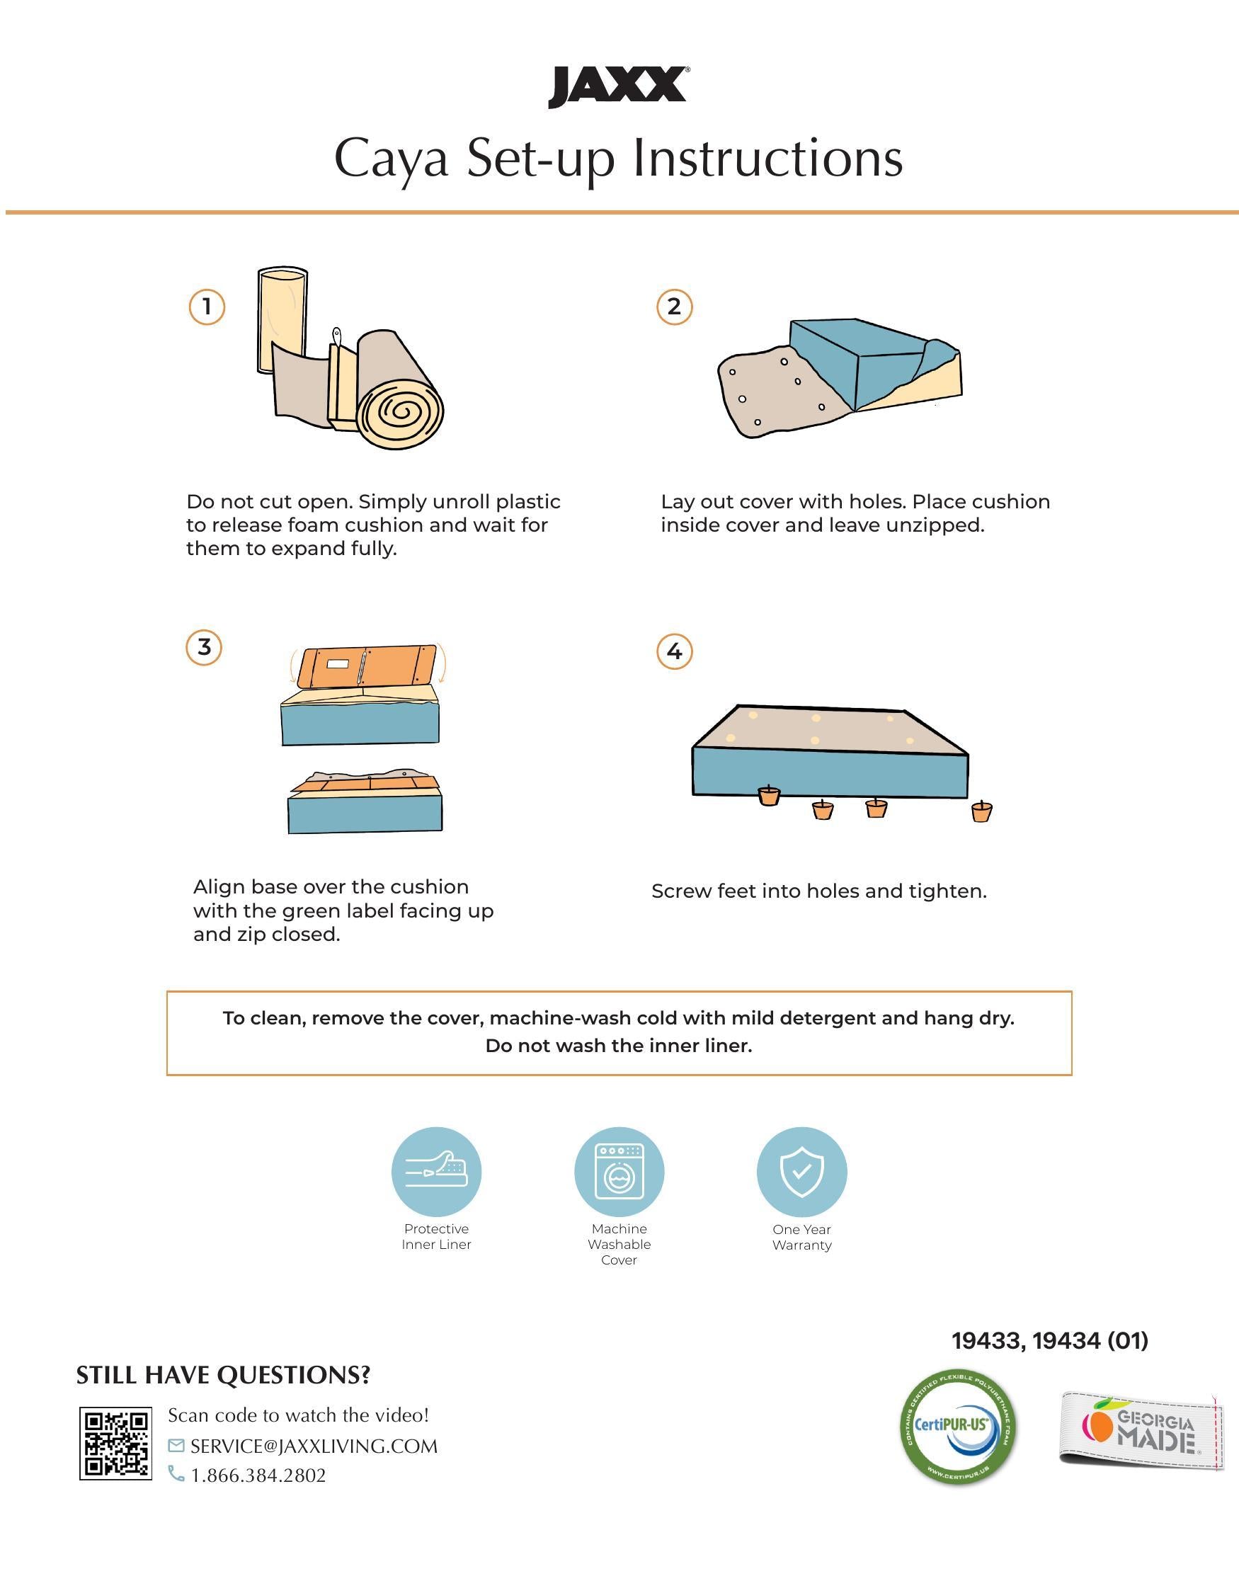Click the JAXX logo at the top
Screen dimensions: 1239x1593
pyautogui.click(x=618, y=88)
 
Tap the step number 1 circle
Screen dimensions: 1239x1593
pyautogui.click(x=207, y=307)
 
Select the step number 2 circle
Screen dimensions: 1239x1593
pyautogui.click(x=675, y=307)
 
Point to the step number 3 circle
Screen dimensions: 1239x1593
pyautogui.click(x=204, y=648)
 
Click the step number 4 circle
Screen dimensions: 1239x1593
pyautogui.click(x=675, y=651)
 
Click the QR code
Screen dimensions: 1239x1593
pyautogui.click(x=116, y=1444)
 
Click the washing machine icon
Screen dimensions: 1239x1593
pyautogui.click(x=619, y=1172)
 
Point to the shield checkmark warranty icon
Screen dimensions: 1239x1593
pyautogui.click(x=801, y=1172)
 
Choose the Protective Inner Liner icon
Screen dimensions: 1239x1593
pyautogui.click(x=436, y=1172)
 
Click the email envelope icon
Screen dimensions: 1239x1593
pyautogui.click(x=176, y=1445)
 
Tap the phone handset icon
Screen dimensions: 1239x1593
pyautogui.click(x=176, y=1475)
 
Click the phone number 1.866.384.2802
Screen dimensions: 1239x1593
pyautogui.click(x=258, y=1475)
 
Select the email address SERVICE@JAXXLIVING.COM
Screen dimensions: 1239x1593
pyautogui.click(x=314, y=1446)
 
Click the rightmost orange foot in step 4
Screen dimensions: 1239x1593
pyautogui.click(x=981, y=811)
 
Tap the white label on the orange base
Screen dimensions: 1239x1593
pyautogui.click(x=339, y=665)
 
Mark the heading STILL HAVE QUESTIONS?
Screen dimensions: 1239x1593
pyautogui.click(x=223, y=1376)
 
